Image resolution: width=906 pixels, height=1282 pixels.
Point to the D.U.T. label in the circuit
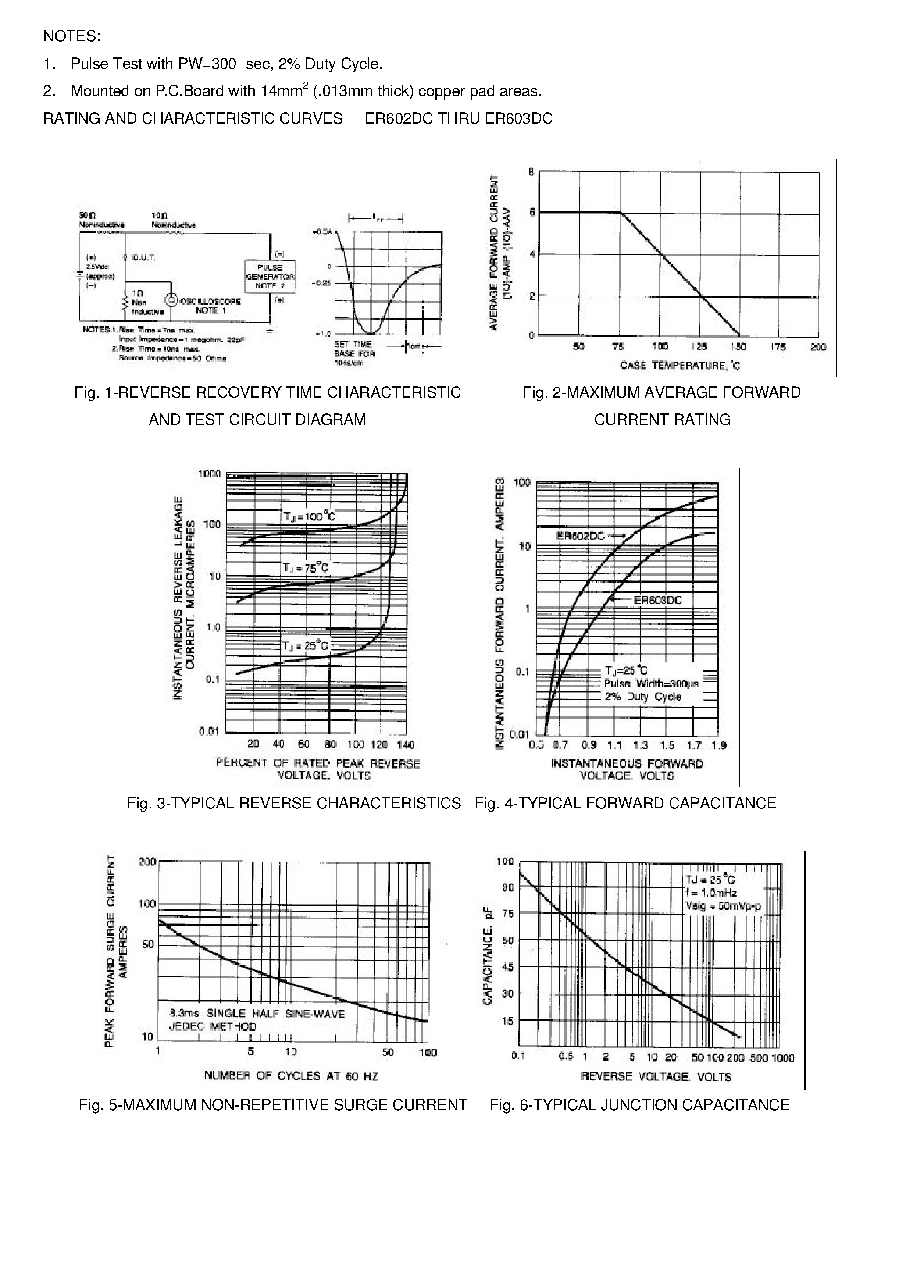(143, 257)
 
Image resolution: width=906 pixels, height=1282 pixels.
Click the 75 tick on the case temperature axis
(618, 347)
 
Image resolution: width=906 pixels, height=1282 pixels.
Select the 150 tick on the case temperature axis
(738, 347)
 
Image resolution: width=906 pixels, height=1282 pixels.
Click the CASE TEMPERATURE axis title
(680, 365)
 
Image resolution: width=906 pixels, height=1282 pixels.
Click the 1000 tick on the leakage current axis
(210, 474)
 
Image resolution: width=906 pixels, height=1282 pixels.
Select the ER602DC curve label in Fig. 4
(581, 536)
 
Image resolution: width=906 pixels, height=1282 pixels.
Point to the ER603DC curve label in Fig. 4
(658, 600)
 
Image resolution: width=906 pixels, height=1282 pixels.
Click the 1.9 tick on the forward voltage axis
(719, 745)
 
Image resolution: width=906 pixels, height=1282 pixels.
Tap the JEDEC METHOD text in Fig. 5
(212, 1026)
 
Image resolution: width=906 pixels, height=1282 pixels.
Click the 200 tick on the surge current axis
(147, 862)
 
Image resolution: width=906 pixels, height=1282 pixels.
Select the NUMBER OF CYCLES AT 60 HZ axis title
(291, 1075)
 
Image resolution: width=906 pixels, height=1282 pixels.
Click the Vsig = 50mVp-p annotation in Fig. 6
(723, 906)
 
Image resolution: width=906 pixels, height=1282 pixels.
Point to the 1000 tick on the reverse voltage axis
(783, 1058)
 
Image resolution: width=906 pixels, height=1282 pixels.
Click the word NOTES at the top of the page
(71, 36)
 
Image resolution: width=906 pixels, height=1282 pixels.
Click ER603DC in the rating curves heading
(518, 118)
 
